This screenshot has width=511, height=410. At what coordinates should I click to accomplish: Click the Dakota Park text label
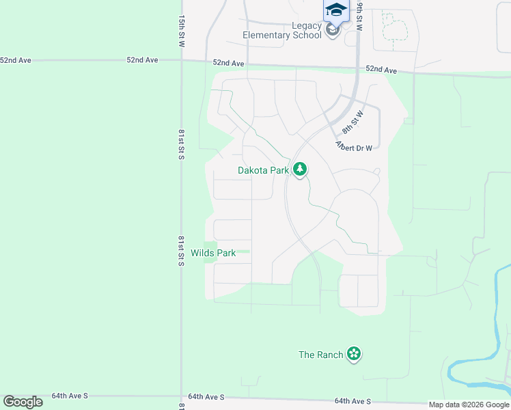(264, 171)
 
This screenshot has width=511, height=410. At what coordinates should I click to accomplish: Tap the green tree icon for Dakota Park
(299, 169)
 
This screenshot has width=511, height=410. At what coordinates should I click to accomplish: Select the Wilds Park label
(213, 253)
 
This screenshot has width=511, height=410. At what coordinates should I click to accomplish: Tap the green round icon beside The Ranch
(354, 354)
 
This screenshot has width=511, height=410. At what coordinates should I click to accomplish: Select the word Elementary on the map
(266, 35)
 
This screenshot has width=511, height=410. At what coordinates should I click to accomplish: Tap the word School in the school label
(307, 35)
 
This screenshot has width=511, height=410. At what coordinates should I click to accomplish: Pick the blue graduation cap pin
(336, 10)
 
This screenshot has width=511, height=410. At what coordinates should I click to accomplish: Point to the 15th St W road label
(182, 31)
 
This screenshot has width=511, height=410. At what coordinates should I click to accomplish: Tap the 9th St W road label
(359, 14)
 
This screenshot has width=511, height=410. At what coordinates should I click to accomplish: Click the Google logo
(23, 402)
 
